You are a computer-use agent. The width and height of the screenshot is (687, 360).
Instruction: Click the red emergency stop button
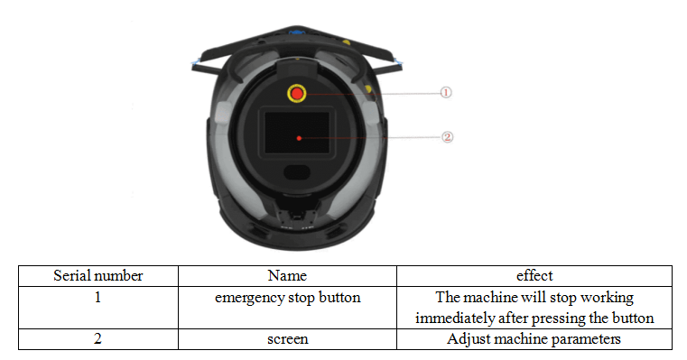297,93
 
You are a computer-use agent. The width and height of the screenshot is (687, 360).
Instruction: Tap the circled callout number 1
446,92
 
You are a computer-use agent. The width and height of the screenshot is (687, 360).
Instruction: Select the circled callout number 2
447,137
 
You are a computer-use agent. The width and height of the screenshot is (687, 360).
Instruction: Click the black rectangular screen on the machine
297,133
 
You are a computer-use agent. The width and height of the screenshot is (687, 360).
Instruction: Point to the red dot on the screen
299,138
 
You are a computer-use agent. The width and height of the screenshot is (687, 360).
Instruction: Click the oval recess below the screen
297,171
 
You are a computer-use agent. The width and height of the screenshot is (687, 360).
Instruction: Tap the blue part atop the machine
297,32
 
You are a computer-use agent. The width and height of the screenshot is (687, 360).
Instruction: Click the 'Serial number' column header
98,276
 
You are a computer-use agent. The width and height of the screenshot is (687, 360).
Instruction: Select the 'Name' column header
287,276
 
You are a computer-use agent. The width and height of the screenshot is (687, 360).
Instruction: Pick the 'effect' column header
534,276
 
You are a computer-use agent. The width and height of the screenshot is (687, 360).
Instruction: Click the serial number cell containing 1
98,308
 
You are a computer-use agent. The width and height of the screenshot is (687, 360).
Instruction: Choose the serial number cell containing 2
98,339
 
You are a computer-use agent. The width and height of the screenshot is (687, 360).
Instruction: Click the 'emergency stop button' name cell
287,308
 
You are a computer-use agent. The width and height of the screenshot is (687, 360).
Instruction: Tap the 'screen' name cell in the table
287,339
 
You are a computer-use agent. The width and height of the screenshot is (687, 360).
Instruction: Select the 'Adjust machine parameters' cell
534,339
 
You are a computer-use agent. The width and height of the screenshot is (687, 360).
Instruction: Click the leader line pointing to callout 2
370,137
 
